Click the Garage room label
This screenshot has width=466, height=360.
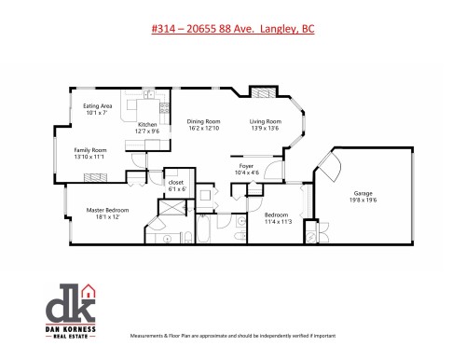point(364,193)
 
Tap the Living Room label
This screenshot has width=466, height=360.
point(265,121)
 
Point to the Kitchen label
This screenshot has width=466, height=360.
point(147,125)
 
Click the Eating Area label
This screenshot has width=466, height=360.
point(98,106)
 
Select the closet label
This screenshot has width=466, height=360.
point(177,182)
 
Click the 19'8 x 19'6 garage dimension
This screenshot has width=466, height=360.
point(364,201)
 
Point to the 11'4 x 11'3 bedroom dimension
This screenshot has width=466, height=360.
point(278,222)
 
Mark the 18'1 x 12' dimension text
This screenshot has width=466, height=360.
point(103,217)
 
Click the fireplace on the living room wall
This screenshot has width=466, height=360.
point(265,93)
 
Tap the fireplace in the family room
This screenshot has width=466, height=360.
point(139,158)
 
